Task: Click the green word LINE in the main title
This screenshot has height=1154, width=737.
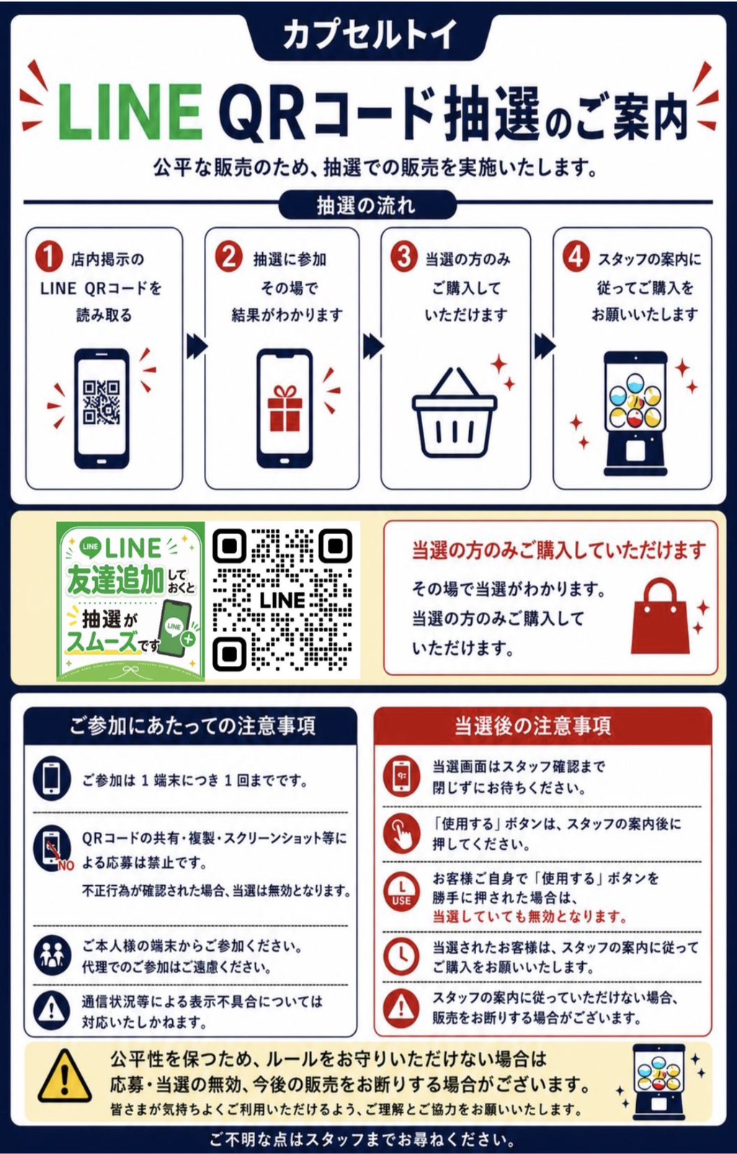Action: click(129, 112)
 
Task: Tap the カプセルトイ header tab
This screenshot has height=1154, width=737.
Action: click(369, 36)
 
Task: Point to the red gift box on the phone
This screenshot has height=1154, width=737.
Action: click(285, 409)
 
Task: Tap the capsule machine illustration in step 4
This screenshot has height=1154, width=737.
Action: click(635, 413)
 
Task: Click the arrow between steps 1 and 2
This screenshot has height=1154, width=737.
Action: click(196, 346)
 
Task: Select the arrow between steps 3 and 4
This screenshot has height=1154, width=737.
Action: click(545, 346)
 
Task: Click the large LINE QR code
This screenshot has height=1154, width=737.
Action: click(282, 600)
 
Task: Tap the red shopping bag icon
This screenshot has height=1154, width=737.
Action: click(660, 616)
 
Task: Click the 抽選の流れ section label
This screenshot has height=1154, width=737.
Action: click(367, 205)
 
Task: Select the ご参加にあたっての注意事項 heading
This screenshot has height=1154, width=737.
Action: click(191, 726)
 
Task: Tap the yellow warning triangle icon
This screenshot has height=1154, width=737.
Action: click(65, 1075)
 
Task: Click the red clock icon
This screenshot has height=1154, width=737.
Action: click(402, 957)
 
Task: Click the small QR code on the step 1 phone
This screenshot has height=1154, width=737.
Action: click(102, 402)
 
